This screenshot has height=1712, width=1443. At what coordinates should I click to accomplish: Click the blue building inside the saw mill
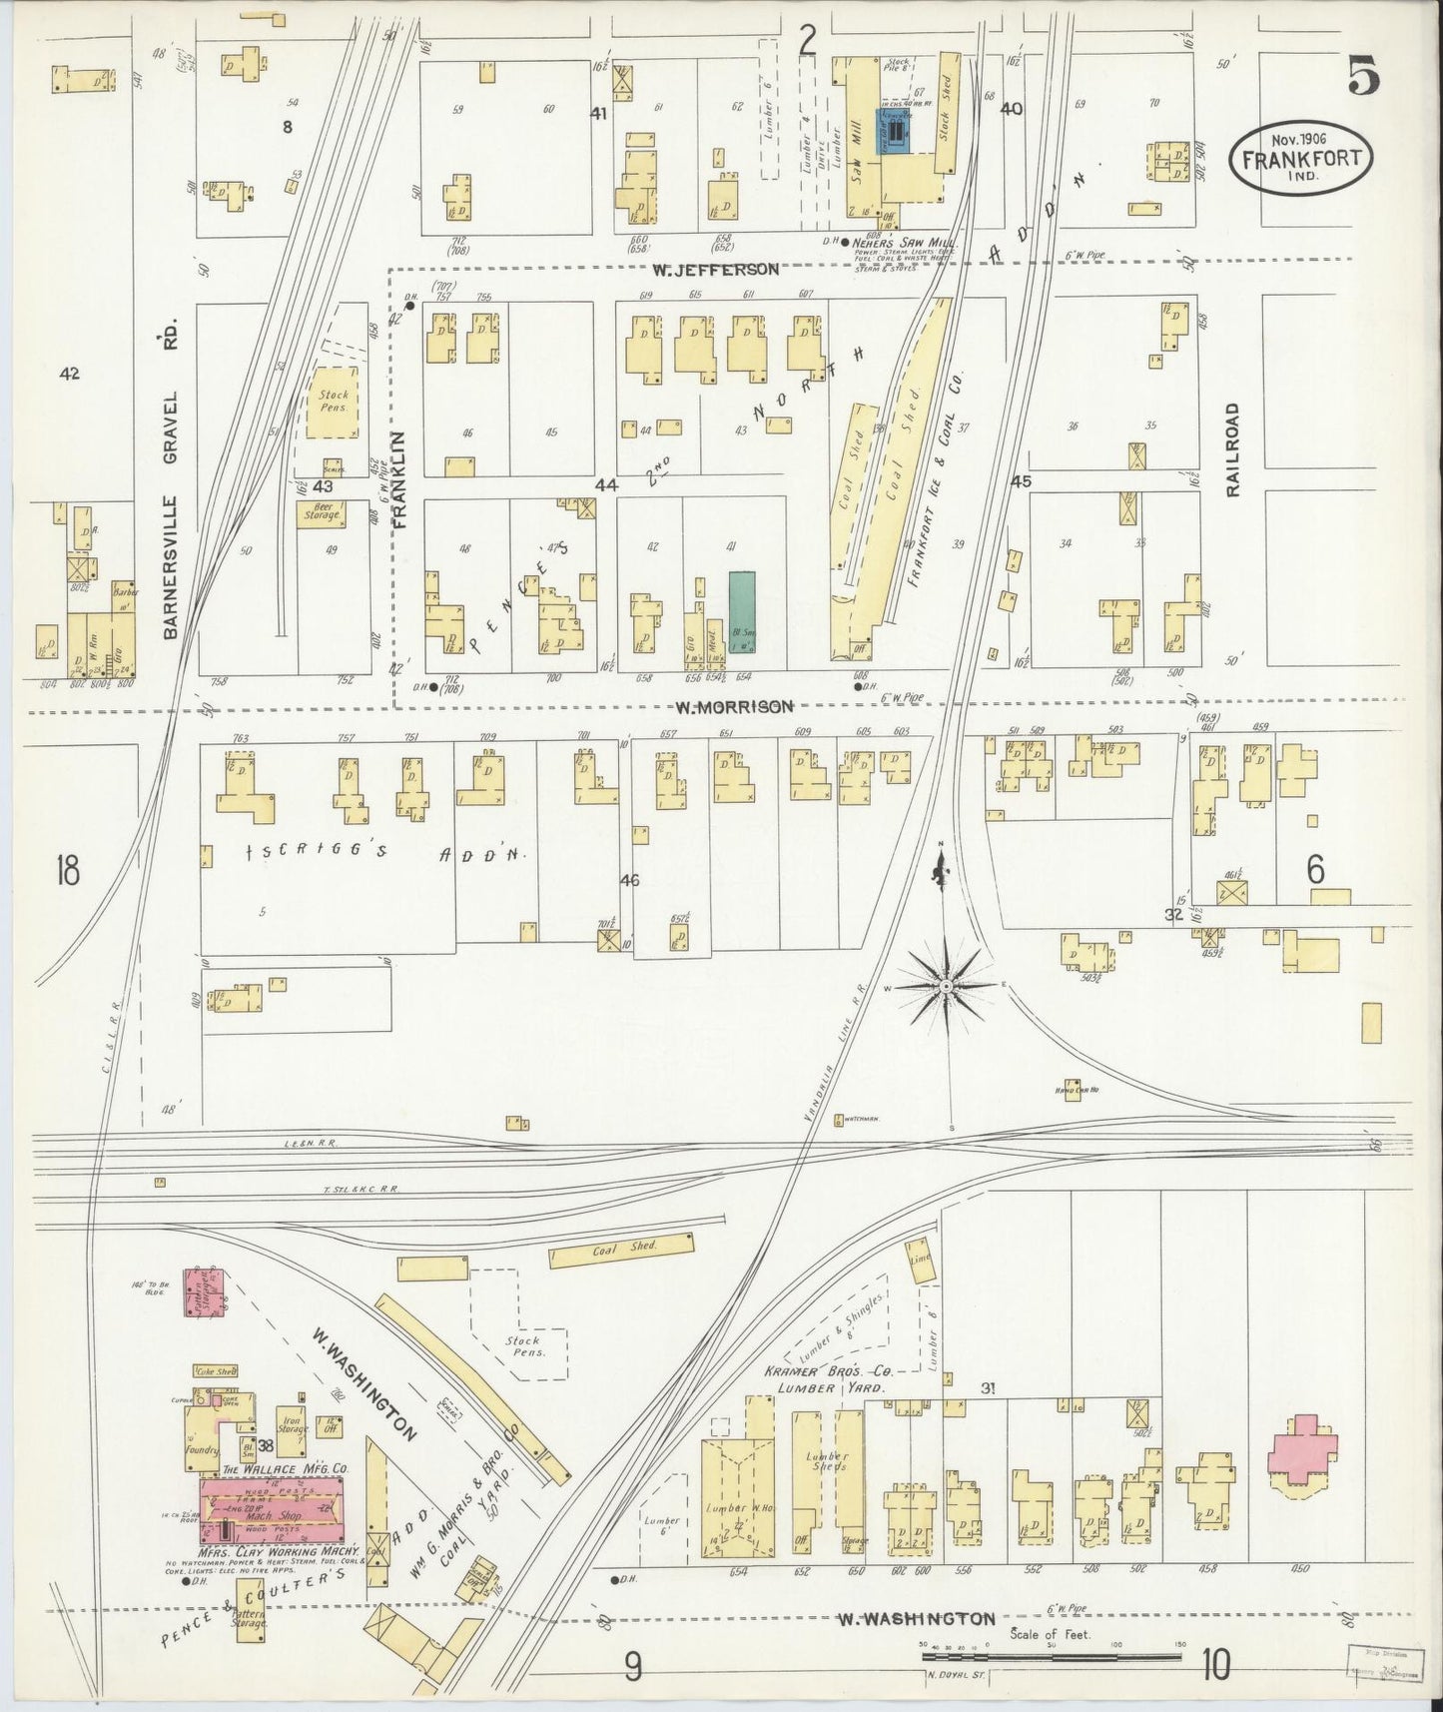(896, 131)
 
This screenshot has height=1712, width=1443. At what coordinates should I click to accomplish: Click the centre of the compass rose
(945, 986)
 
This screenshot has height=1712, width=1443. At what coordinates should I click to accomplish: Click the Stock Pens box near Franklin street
(334, 402)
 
